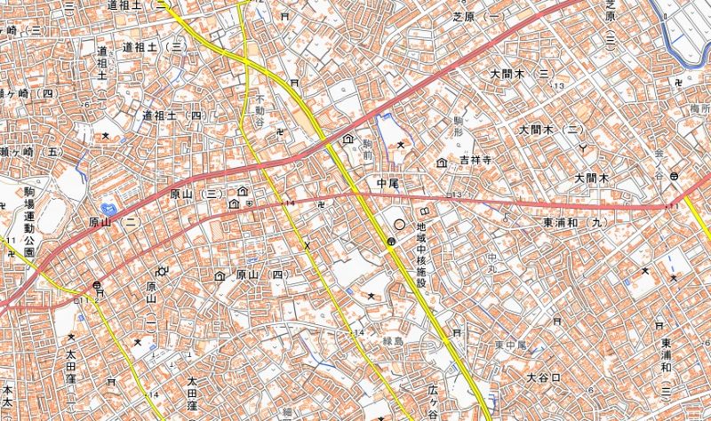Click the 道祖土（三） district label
click(x=152, y=45)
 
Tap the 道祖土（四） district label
click(x=172, y=115)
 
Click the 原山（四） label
click(x=259, y=275)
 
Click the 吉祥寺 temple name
click(x=475, y=161)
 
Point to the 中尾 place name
click(x=388, y=183)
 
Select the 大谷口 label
click(x=543, y=377)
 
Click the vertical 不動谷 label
click(x=260, y=110)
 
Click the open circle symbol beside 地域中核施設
click(x=399, y=226)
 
